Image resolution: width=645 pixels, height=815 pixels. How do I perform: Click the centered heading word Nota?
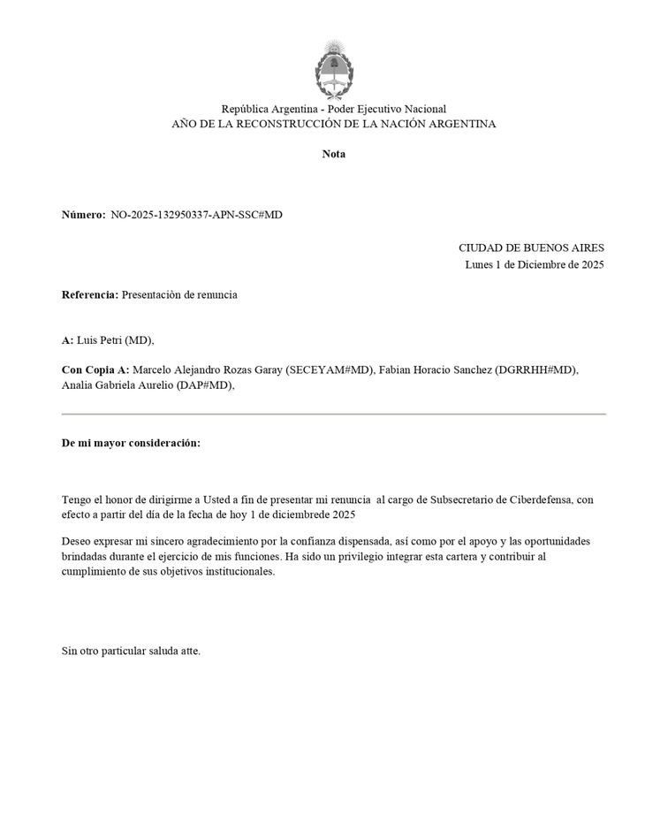(x=333, y=154)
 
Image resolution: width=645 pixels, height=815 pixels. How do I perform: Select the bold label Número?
(x=83, y=215)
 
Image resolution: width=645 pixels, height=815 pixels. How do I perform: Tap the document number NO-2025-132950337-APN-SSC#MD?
(x=196, y=215)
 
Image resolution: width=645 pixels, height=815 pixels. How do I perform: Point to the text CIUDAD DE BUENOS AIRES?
(x=531, y=248)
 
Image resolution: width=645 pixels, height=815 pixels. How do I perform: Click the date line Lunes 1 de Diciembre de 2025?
(x=535, y=264)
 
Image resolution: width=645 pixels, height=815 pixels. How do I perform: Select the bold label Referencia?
(x=89, y=294)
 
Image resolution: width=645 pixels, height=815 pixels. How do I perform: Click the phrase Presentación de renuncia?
(x=179, y=294)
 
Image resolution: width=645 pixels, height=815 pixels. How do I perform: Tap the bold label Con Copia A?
(x=95, y=369)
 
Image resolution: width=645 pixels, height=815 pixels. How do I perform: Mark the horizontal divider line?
(x=333, y=414)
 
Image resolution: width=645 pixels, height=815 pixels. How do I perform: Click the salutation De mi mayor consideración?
(x=131, y=442)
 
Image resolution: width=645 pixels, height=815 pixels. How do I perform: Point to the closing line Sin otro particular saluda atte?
(x=131, y=651)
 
